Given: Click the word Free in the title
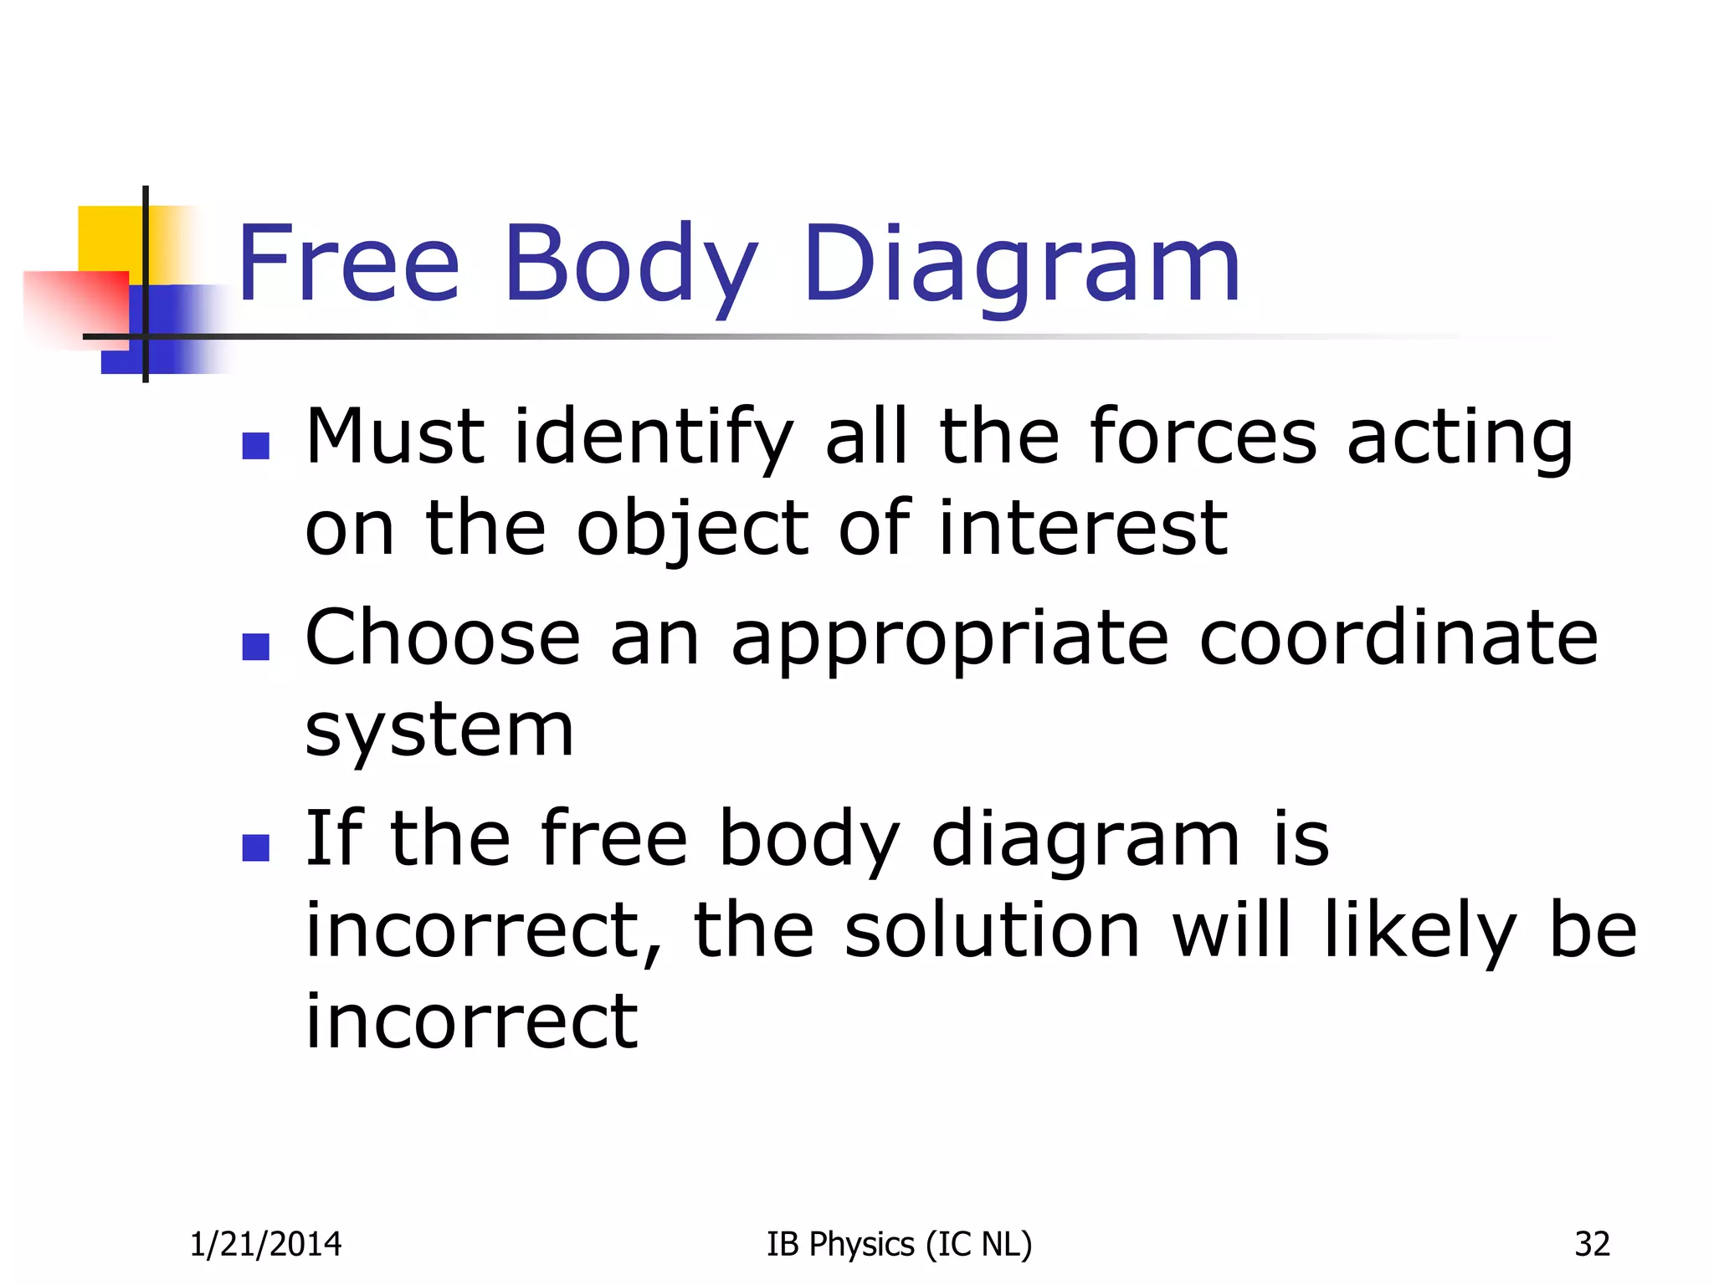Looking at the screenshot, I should click(x=348, y=263).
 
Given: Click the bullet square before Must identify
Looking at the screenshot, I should click(x=255, y=446).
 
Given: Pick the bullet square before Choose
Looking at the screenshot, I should click(x=255, y=647).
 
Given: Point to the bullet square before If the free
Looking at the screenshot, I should click(x=255, y=847).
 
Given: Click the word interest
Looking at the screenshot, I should click(x=1083, y=528).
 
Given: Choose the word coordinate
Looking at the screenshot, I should click(x=1398, y=637).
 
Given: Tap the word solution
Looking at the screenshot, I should click(x=992, y=929).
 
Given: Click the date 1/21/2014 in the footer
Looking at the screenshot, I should click(x=265, y=1244).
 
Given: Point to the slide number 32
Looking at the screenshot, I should click(x=1592, y=1244).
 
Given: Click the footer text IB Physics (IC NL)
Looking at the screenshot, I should click(x=899, y=1245).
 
